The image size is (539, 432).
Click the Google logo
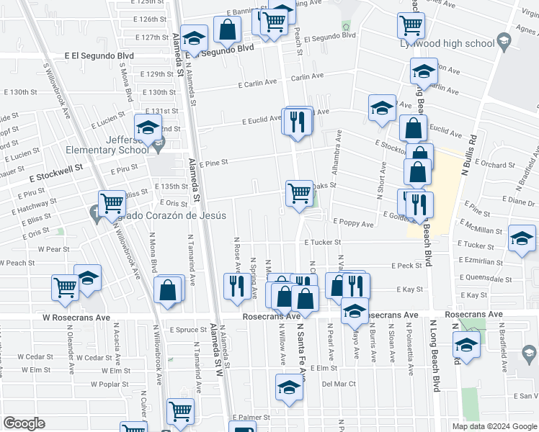click(x=24, y=423)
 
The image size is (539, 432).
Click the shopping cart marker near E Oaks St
click(x=299, y=193)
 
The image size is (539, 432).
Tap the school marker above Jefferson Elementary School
click(x=148, y=127)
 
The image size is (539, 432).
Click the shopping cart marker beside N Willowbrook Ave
click(x=111, y=204)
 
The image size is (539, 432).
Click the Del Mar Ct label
click(x=339, y=384)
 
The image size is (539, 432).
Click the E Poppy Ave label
click(x=352, y=224)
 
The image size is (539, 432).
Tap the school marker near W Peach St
click(x=88, y=277)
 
